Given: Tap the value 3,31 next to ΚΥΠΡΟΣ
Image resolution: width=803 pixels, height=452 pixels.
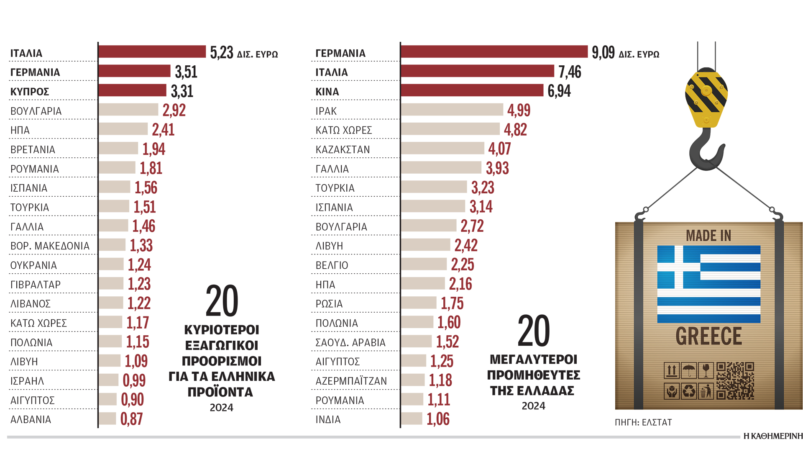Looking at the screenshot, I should point(182,91).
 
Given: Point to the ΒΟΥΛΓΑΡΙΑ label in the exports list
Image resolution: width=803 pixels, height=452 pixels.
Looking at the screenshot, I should point(36,111).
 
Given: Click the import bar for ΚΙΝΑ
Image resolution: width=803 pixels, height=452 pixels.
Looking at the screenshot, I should point(472,90).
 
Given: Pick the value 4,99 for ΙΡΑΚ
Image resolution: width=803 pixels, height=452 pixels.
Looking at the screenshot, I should point(519,110).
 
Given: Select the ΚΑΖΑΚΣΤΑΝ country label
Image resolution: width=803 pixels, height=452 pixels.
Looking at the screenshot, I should point(343,150).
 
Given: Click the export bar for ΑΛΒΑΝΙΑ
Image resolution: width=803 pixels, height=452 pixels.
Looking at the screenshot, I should point(107,419).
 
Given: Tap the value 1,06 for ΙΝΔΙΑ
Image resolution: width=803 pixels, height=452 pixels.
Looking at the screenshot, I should point(438,419).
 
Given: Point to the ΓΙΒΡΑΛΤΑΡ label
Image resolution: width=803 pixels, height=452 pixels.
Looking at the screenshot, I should point(36,285).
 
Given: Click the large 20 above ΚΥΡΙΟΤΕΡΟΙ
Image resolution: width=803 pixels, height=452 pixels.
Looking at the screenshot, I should point(222,301).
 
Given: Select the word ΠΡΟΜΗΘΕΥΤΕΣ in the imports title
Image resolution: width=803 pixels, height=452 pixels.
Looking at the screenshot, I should point(534,375).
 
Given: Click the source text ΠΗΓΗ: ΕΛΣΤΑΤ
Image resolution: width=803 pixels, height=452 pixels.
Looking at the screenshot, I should point(643,423).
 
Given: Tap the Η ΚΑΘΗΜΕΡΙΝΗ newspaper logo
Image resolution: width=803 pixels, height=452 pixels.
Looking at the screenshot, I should point(773,436).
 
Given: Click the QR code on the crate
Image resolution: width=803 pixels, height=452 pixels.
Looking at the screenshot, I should point(735,380).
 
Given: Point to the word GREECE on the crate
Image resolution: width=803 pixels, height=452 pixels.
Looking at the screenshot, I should point(708,336).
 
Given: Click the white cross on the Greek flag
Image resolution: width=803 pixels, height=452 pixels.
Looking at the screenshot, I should point(678,267).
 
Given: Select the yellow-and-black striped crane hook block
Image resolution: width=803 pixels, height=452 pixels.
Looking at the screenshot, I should point(706,97).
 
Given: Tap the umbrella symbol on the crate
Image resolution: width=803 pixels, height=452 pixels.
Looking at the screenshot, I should point(689,370).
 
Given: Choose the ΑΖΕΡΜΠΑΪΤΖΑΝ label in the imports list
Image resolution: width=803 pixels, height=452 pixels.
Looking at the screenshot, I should point(351,381).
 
